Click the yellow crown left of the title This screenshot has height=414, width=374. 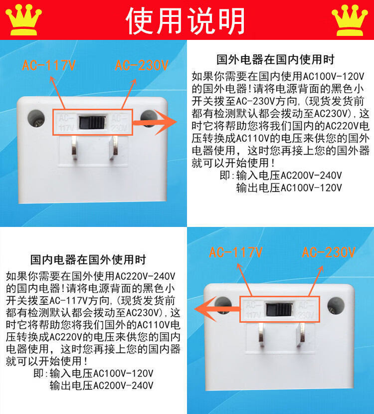pyautogui.click(x=23, y=20)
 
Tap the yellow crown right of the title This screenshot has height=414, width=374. pyautogui.click(x=350, y=20)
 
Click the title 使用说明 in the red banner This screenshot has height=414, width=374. pyautogui.click(x=186, y=20)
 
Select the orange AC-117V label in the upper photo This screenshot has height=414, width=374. pyautogui.click(x=49, y=65)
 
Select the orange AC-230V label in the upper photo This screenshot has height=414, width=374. pyautogui.click(x=142, y=65)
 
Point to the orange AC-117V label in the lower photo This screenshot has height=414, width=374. pyautogui.click(x=236, y=252)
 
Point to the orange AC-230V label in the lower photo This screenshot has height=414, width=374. pyautogui.click(x=329, y=252)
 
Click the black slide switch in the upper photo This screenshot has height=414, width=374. pyautogui.click(x=92, y=122)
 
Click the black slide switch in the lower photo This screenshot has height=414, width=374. pyautogui.click(x=279, y=309)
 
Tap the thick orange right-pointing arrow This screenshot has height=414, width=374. pyautogui.click(x=155, y=123)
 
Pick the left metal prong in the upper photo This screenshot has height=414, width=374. pyautogui.click(x=74, y=148)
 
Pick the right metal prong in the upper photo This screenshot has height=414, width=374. pyautogui.click(x=114, y=148)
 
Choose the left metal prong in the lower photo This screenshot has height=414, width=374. pyautogui.click(x=261, y=335)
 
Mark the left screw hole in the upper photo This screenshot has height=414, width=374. pyautogui.click(x=36, y=118)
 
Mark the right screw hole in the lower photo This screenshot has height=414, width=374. pyautogui.click(x=336, y=306)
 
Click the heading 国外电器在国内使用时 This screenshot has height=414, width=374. pyautogui.click(x=276, y=60)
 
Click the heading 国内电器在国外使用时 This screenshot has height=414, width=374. pyautogui.click(x=88, y=259)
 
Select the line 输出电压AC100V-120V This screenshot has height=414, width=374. pyautogui.click(x=289, y=188)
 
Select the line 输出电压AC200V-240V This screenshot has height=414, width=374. pyautogui.click(x=101, y=385)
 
